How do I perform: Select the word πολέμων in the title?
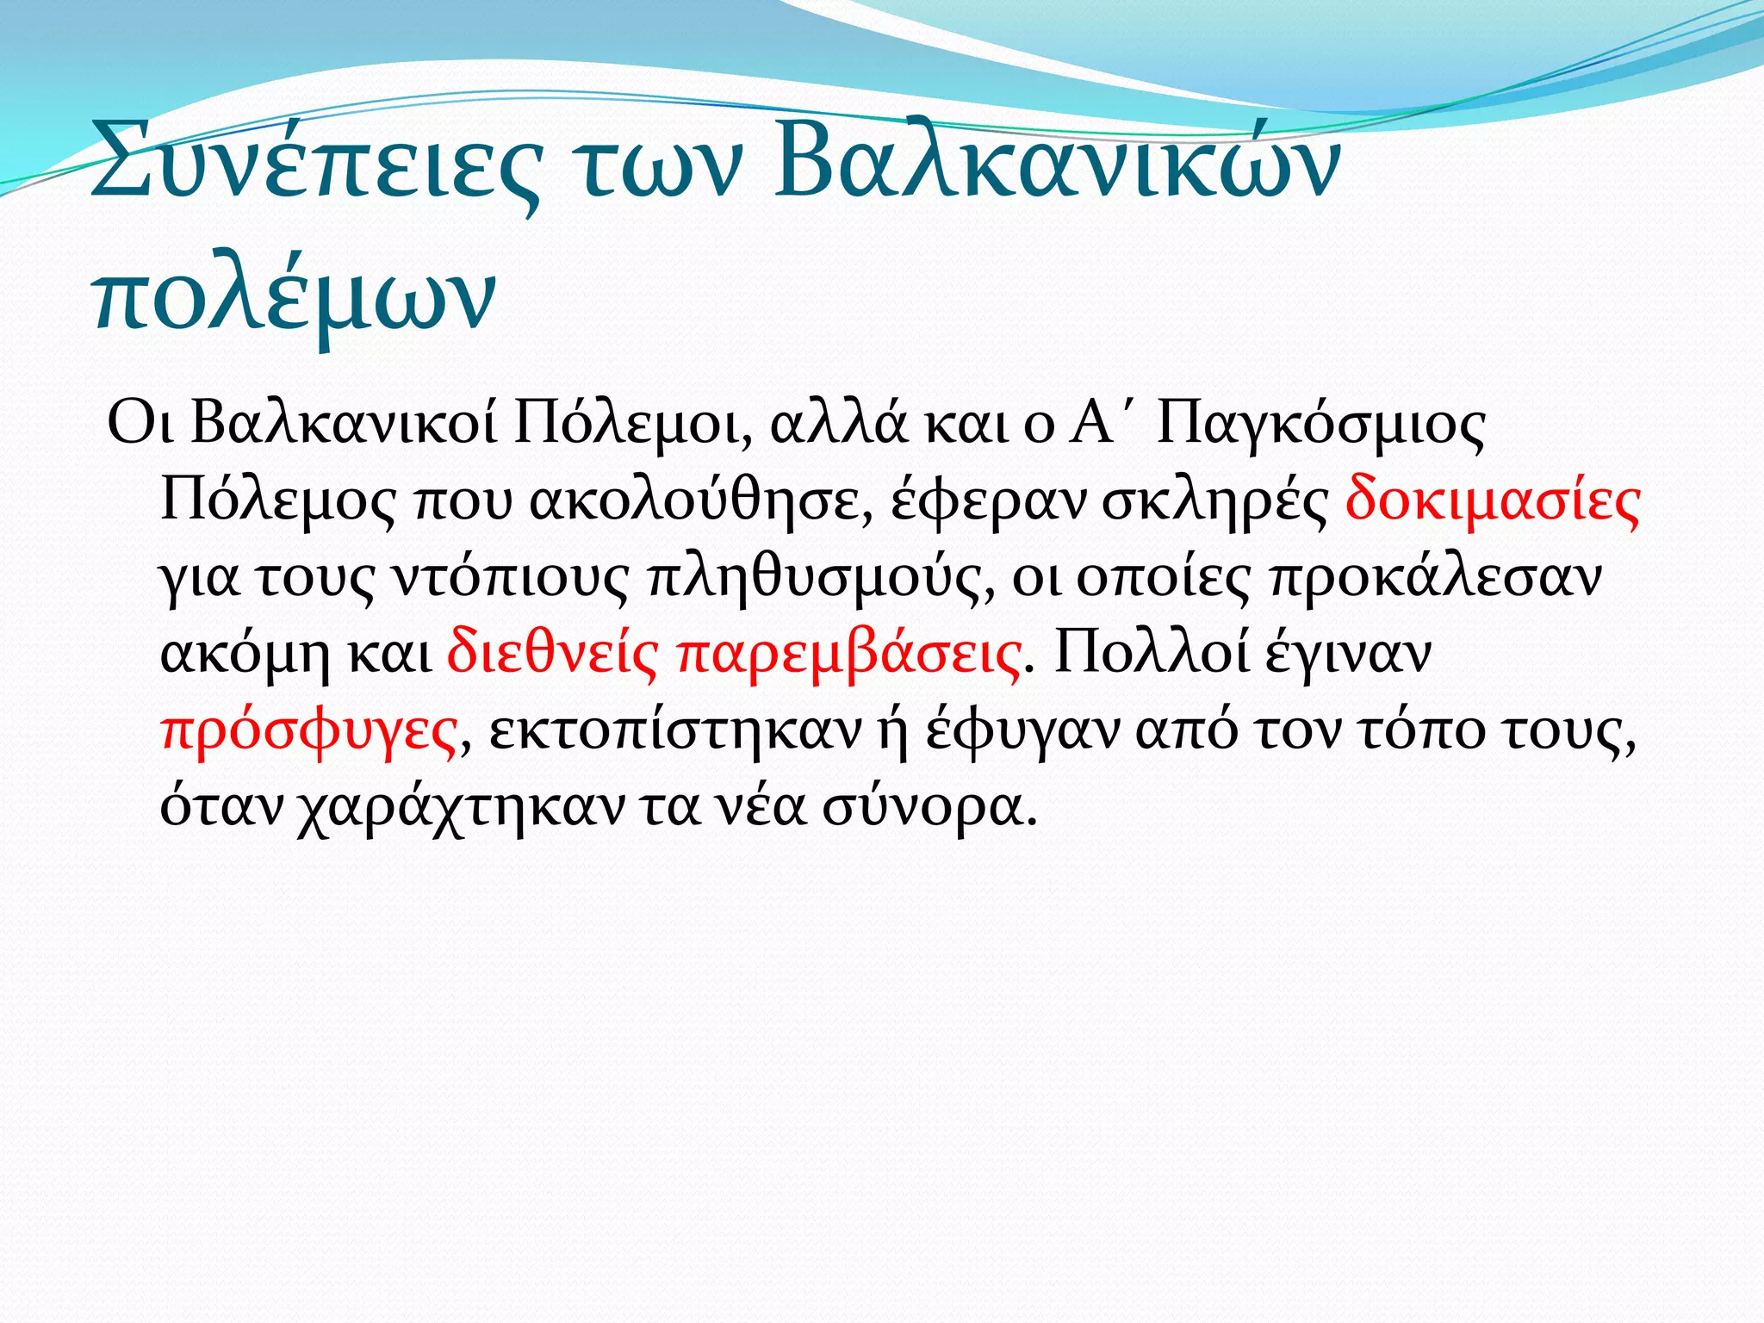(x=293, y=297)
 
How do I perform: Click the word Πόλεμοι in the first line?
(x=633, y=425)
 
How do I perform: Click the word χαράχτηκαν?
(x=461, y=807)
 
